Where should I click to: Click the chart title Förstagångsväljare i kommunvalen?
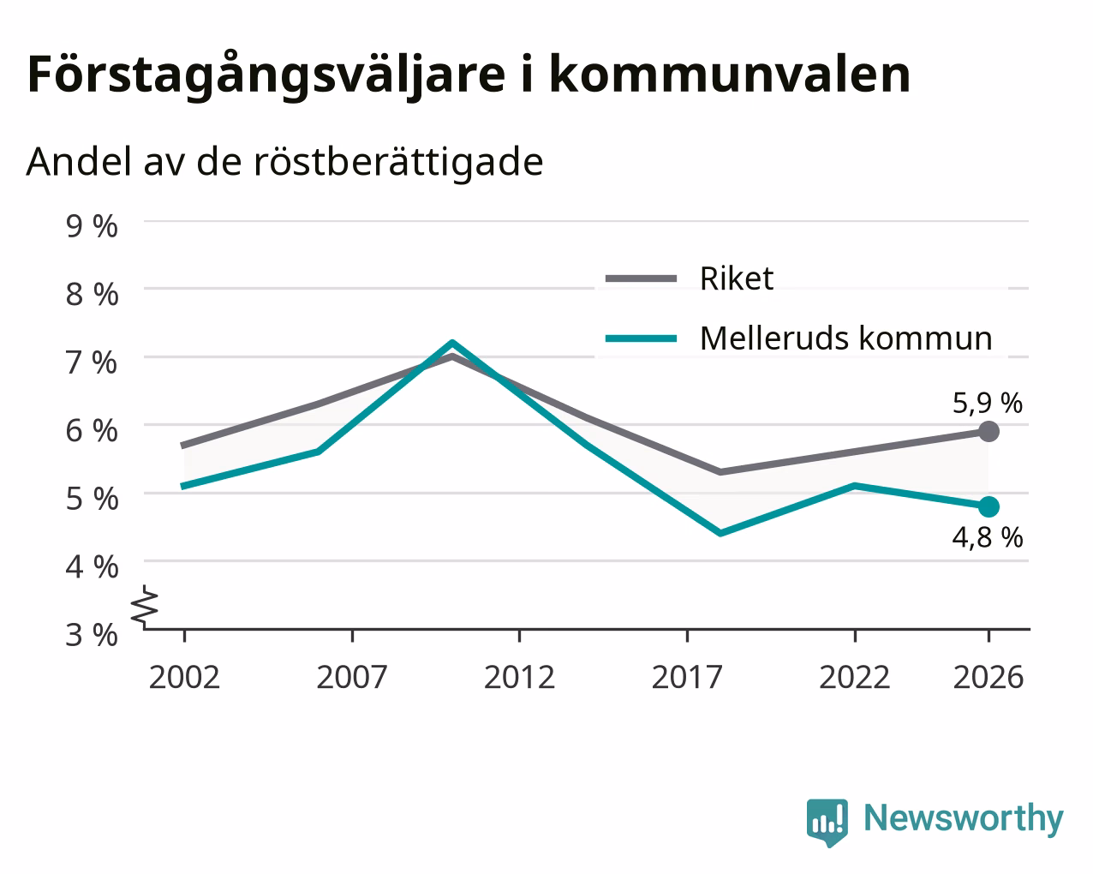point(469,75)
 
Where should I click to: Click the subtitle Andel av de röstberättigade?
point(284,163)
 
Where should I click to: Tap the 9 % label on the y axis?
point(92,226)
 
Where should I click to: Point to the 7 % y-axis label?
point(92,362)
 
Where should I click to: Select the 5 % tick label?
point(92,499)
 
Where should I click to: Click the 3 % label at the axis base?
point(92,635)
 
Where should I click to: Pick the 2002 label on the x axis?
point(184,677)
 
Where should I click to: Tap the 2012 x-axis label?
point(519,677)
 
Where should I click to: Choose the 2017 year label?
point(687,677)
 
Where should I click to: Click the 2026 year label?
point(988,677)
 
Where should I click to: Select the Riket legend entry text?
point(737,278)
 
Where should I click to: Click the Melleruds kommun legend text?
point(846,338)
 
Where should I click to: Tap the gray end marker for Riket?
point(988,431)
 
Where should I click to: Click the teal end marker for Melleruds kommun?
point(988,506)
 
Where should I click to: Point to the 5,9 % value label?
point(988,404)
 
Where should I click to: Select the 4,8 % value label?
point(988,537)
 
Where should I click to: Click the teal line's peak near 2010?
point(452,343)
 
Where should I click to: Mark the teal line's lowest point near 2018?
point(720,532)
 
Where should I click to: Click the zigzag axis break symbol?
point(145,605)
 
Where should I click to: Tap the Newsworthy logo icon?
point(827,822)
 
